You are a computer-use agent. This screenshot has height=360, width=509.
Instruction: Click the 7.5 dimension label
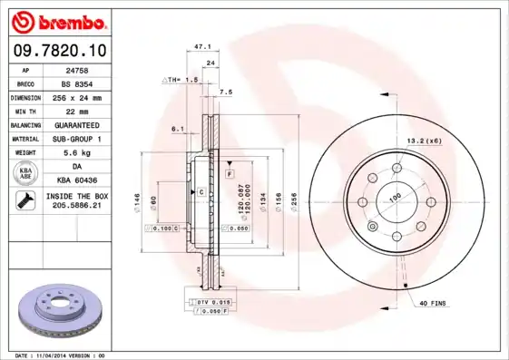tap(226, 92)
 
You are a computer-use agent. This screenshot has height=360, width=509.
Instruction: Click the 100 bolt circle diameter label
tap(396, 198)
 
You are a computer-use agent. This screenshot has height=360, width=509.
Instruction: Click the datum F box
tap(230, 172)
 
